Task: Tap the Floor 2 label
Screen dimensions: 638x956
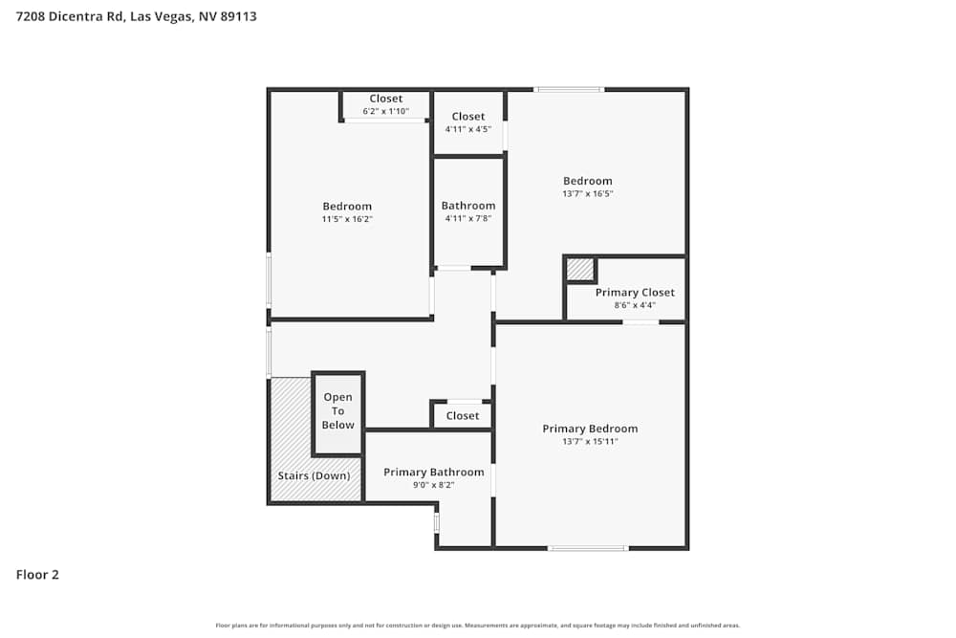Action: (x=37, y=575)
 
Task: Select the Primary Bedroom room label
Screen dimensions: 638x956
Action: (x=590, y=429)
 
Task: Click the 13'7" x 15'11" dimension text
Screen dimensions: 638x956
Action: (x=590, y=442)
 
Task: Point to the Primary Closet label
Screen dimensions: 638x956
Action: (x=635, y=293)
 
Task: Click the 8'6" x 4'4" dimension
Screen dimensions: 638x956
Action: (x=635, y=306)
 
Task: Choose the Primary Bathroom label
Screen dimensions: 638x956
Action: (x=433, y=472)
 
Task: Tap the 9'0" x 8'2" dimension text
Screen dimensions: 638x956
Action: (x=433, y=485)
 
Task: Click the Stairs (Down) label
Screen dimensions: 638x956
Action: (x=314, y=475)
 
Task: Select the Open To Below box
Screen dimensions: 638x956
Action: (x=337, y=412)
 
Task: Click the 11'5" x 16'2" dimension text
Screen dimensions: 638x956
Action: (x=347, y=220)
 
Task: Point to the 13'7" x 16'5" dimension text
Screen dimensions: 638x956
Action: (x=587, y=194)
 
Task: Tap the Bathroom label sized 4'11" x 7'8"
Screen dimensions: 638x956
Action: (x=468, y=206)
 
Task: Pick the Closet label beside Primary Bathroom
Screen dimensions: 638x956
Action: (x=463, y=416)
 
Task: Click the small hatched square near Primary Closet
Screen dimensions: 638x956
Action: (x=580, y=270)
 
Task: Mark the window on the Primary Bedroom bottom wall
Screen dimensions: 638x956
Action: (x=587, y=548)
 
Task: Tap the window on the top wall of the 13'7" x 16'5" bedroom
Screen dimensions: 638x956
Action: (x=569, y=89)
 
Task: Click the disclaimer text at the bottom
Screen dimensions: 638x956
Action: (x=478, y=626)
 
